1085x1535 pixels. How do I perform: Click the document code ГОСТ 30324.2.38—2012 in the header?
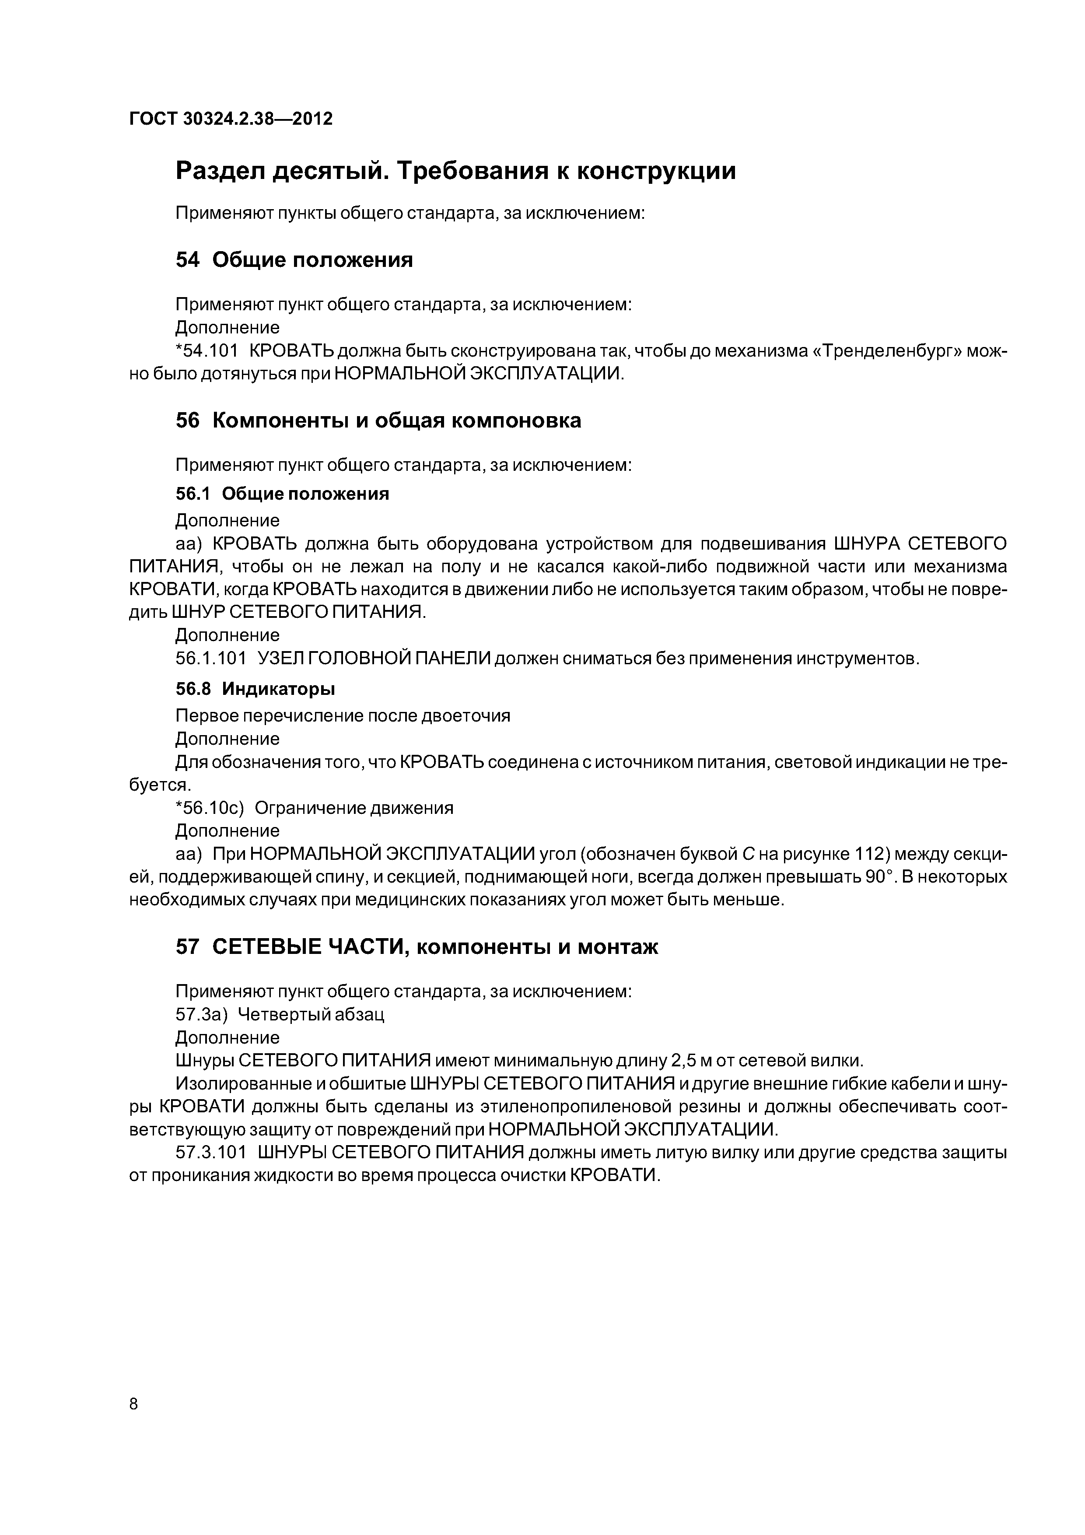(x=231, y=119)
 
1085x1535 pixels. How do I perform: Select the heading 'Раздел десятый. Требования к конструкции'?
(x=455, y=171)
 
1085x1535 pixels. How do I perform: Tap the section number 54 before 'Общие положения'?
(x=187, y=259)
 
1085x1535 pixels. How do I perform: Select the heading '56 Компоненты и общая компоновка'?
(x=378, y=421)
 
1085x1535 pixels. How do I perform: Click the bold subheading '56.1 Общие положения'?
(x=282, y=494)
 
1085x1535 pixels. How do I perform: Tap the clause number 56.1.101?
(x=210, y=659)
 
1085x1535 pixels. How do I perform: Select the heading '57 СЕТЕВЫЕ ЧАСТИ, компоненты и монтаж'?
(x=416, y=947)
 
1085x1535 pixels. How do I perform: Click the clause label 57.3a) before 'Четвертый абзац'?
(x=201, y=1015)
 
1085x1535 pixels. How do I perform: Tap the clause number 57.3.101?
(x=210, y=1153)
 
